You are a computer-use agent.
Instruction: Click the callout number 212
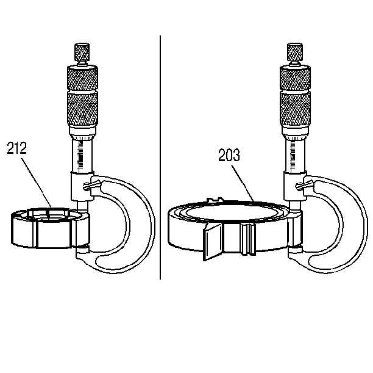(17, 148)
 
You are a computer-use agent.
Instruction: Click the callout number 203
(229, 155)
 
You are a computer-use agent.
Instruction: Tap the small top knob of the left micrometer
(82, 52)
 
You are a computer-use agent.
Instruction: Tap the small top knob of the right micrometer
(295, 52)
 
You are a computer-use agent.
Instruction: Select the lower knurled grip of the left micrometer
(82, 109)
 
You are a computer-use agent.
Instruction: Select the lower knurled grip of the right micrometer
(295, 109)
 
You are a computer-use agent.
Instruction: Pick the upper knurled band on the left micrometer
(82, 78)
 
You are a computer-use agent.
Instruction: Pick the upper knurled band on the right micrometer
(295, 78)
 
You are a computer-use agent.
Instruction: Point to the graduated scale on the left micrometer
(81, 155)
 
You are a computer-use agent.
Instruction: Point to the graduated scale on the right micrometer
(293, 155)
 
